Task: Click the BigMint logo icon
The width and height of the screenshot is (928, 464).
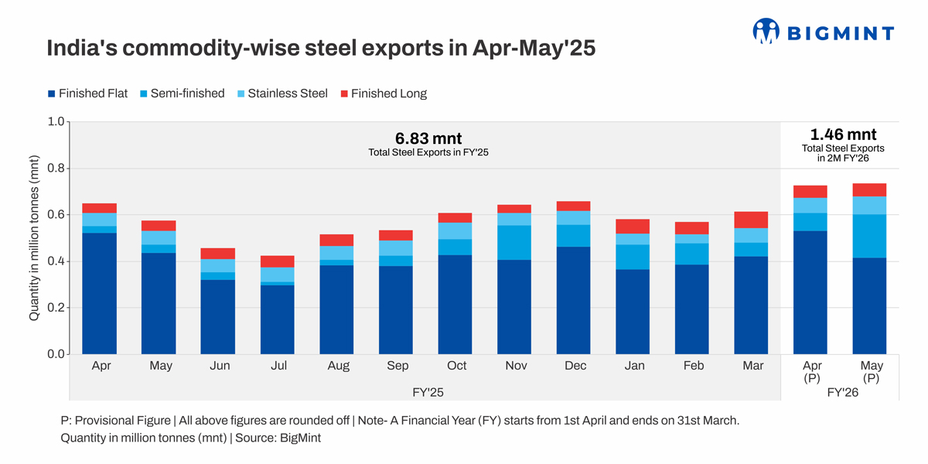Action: [x=766, y=31]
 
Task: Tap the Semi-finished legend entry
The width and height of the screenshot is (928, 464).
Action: [x=183, y=94]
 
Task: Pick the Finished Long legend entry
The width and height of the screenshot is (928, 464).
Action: [x=382, y=94]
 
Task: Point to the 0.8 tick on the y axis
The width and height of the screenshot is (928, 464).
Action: [x=56, y=169]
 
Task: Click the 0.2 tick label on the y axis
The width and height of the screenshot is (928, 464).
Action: [x=56, y=308]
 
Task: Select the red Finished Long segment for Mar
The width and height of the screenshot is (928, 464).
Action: [x=751, y=220]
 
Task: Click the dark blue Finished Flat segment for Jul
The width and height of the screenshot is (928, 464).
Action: [x=278, y=319]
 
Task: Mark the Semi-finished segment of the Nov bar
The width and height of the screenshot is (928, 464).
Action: [x=514, y=243]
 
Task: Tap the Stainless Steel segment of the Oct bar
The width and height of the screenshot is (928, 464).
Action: [x=455, y=230]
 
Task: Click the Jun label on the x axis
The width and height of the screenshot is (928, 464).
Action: [x=219, y=366]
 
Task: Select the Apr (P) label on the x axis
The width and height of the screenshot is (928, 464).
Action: [x=811, y=371]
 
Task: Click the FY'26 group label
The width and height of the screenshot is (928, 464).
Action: [x=842, y=392]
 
